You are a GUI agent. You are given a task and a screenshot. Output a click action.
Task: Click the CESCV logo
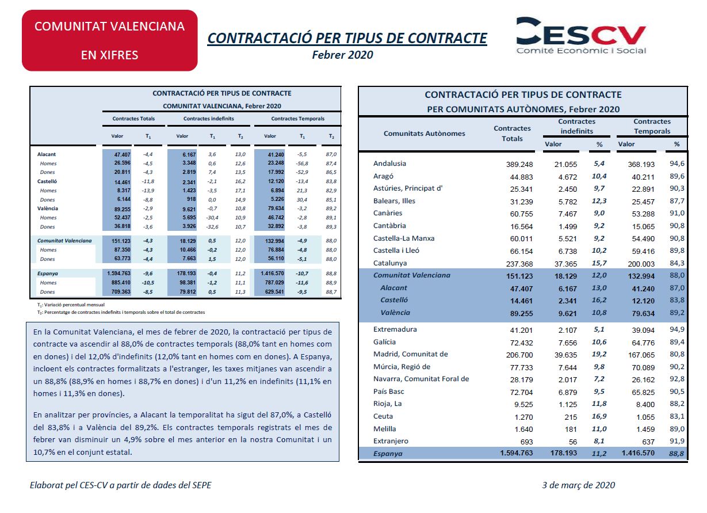pos(581,35)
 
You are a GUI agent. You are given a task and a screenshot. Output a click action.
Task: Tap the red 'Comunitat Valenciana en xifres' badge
pos(109,40)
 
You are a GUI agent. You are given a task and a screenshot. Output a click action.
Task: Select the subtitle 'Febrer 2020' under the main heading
pos(342,55)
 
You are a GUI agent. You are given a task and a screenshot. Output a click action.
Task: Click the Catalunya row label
pos(390,263)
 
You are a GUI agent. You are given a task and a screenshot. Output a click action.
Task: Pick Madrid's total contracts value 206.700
pos(519,355)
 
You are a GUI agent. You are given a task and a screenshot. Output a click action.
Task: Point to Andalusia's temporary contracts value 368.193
pos(641,164)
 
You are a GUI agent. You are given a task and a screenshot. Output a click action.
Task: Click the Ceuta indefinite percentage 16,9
pos(599,416)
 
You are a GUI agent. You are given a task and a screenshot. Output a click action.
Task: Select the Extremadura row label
pos(395,329)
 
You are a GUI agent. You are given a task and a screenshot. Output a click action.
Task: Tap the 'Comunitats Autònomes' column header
pos(424,134)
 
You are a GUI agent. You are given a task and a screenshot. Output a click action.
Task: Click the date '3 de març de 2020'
pos(579,485)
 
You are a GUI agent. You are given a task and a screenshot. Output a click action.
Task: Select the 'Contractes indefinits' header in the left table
pos(209,119)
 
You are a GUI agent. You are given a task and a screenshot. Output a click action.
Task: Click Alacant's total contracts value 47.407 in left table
pos(122,154)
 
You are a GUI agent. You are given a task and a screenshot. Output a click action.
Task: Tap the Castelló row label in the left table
pos(47,181)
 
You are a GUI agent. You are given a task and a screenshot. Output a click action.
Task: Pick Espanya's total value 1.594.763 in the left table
pos(119,273)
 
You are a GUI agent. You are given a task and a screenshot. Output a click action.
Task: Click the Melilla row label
pos(384,429)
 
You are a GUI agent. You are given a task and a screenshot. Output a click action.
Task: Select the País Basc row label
pos(388,392)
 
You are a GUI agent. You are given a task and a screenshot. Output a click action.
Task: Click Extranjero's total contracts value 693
pos(526,442)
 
